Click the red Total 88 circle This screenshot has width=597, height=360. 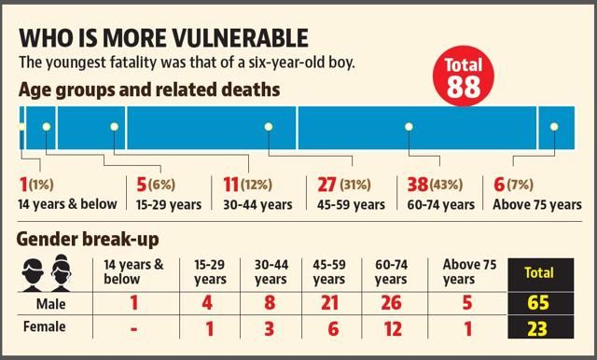click(x=464, y=76)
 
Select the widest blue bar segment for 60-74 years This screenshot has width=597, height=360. click(x=417, y=128)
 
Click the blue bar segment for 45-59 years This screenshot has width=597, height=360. click(x=212, y=128)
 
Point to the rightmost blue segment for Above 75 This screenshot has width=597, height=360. click(x=557, y=128)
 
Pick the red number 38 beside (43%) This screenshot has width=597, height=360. click(x=418, y=185)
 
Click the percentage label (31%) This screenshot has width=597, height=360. click(x=355, y=185)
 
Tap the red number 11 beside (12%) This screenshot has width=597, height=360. click(x=231, y=185)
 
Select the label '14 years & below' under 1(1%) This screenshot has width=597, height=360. click(x=67, y=204)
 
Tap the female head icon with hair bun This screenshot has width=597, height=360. click(x=61, y=273)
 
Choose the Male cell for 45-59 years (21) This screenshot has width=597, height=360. click(x=329, y=303)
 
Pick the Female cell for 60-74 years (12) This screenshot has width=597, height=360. click(x=393, y=329)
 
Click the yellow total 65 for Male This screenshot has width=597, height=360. click(x=538, y=303)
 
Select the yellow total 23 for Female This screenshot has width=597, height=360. click(x=537, y=329)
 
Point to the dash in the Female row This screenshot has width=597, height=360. click(x=133, y=329)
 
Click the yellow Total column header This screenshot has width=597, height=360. click(x=539, y=272)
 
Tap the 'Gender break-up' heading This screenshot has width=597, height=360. click(x=88, y=240)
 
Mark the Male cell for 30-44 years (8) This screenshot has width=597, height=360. click(x=270, y=303)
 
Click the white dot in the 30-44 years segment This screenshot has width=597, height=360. click(x=269, y=127)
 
